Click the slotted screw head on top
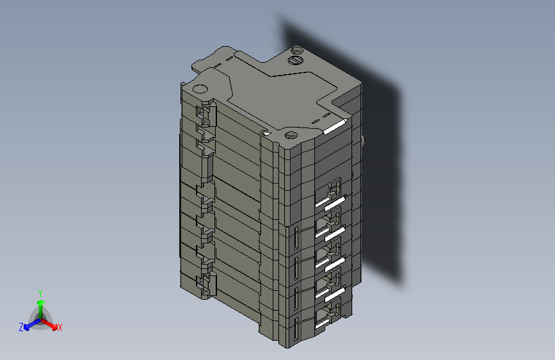click(x=296, y=60)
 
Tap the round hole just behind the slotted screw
click(x=296, y=49)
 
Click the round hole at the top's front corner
click(x=291, y=135)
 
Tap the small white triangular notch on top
click(x=264, y=134)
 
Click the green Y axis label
click(x=40, y=291)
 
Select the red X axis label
click(x=60, y=327)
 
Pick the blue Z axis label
click(x=21, y=327)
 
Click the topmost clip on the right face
click(x=334, y=190)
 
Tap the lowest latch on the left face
click(x=207, y=283)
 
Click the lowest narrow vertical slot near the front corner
click(x=297, y=329)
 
